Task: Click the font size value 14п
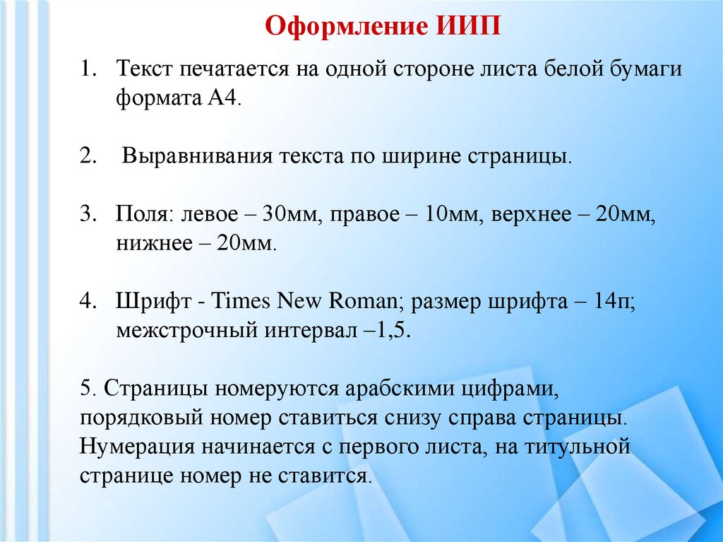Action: click(615, 302)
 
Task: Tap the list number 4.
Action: click(87, 302)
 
